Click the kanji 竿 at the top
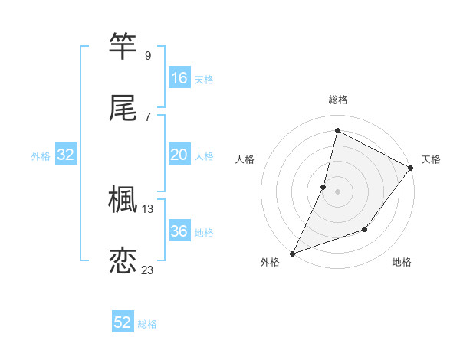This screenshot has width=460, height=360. [x=123, y=47]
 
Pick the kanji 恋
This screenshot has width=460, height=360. [x=123, y=260]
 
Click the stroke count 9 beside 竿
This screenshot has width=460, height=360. [x=147, y=55]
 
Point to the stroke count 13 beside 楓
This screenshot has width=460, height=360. [x=148, y=208]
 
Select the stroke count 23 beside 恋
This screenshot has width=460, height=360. [x=148, y=270]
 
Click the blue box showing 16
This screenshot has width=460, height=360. [x=179, y=78]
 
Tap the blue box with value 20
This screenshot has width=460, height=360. [x=179, y=155]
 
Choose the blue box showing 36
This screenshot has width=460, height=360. [x=179, y=231]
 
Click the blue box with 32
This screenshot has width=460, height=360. [x=66, y=155]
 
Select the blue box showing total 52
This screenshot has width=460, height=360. [x=123, y=322]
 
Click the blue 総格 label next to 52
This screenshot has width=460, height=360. [x=148, y=324]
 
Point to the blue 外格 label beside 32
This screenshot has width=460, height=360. [x=41, y=156]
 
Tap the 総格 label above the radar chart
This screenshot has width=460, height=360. [x=337, y=100]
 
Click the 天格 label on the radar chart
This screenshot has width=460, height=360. [x=431, y=159]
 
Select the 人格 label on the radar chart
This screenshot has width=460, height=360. [x=245, y=159]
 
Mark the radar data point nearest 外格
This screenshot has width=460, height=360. [x=293, y=253]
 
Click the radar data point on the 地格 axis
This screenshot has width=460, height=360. [x=365, y=229]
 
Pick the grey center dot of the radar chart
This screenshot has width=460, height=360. [x=337, y=191]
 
